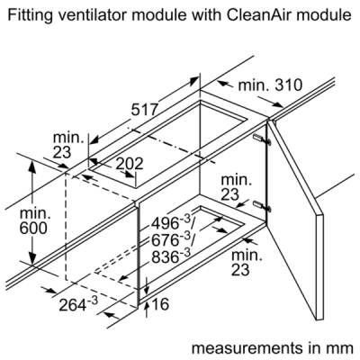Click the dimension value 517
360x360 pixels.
click(x=144, y=110)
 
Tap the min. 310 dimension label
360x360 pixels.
click(x=270, y=85)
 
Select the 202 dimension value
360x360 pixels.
click(x=130, y=164)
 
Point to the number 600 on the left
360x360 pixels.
click(x=33, y=229)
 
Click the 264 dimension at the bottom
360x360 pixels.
click(x=78, y=304)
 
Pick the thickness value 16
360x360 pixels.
click(x=160, y=304)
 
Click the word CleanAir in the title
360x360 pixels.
click(x=259, y=15)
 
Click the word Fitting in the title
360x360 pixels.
click(x=31, y=16)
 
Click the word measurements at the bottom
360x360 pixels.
click(x=247, y=348)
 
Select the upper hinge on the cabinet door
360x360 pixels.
click(x=262, y=139)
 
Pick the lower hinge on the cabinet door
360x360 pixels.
click(x=262, y=206)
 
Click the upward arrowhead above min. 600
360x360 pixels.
click(x=32, y=166)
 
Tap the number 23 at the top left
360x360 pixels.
click(x=62, y=152)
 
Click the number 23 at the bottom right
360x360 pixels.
click(x=240, y=270)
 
